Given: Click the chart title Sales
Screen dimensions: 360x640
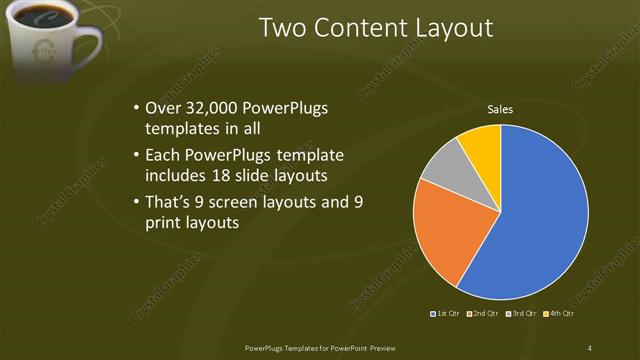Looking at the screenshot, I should tap(500, 109).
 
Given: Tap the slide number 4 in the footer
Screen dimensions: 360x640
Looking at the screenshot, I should tap(590, 348).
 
